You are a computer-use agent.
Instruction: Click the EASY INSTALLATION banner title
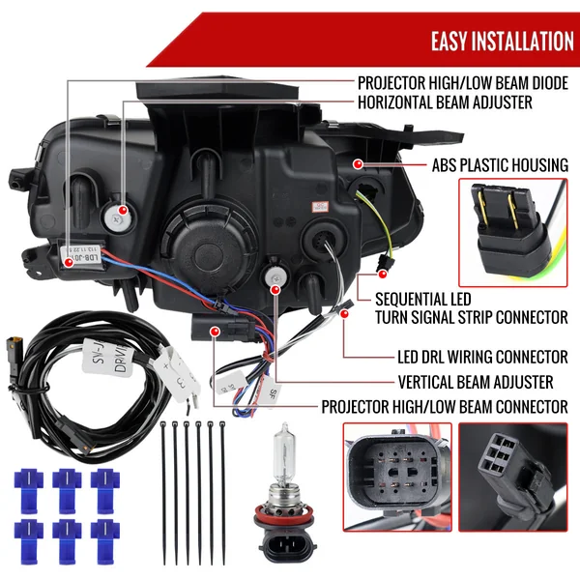click(x=502, y=41)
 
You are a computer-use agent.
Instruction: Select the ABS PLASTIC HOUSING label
click(x=486, y=165)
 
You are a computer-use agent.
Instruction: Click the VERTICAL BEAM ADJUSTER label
click(x=476, y=381)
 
